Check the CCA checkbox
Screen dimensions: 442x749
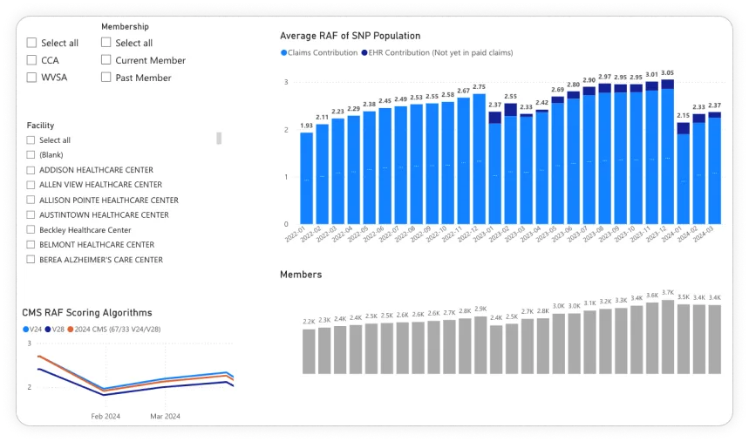pyautogui.click(x=31, y=60)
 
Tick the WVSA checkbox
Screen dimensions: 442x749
pyautogui.click(x=31, y=78)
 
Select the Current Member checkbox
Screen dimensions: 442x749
pyautogui.click(x=106, y=60)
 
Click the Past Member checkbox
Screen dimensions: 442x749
pyautogui.click(x=106, y=78)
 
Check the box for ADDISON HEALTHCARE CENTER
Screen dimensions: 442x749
pyautogui.click(x=31, y=170)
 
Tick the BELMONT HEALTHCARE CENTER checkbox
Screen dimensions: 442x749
pyautogui.click(x=31, y=245)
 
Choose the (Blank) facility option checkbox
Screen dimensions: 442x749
pyautogui.click(x=31, y=155)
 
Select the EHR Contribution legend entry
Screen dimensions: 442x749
pyautogui.click(x=436, y=53)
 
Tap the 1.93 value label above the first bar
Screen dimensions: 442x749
pyautogui.click(x=307, y=126)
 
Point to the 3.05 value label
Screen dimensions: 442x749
pyautogui.click(x=667, y=73)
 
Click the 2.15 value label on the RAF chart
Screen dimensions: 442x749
pyautogui.click(x=683, y=116)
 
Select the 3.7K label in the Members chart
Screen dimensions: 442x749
pyautogui.click(x=667, y=294)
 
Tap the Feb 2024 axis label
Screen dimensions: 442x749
pyautogui.click(x=106, y=416)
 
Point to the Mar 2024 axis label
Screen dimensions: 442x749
pyautogui.click(x=158, y=416)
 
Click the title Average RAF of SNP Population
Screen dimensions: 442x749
pyautogui.click(x=350, y=36)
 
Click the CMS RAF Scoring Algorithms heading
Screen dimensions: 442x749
pyautogui.click(x=87, y=312)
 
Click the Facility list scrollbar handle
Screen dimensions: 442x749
pyautogui.click(x=219, y=138)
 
